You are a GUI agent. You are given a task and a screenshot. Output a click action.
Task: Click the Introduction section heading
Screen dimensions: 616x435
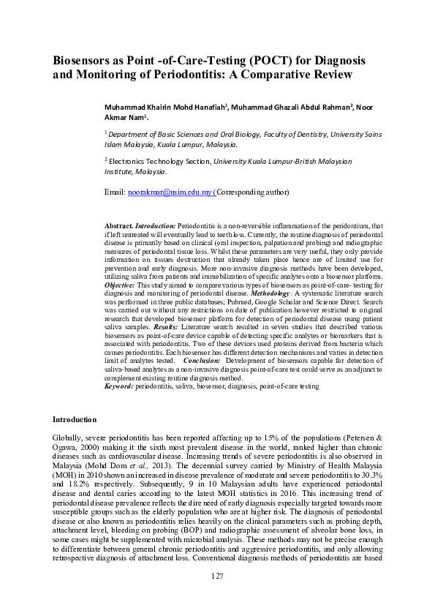[74, 420]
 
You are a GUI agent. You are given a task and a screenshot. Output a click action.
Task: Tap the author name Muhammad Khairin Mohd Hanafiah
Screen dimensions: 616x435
[164, 106]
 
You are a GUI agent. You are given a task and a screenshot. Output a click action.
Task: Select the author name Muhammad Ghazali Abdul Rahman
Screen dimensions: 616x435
[291, 106]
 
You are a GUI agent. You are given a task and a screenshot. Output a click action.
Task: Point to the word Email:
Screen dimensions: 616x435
[116, 192]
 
